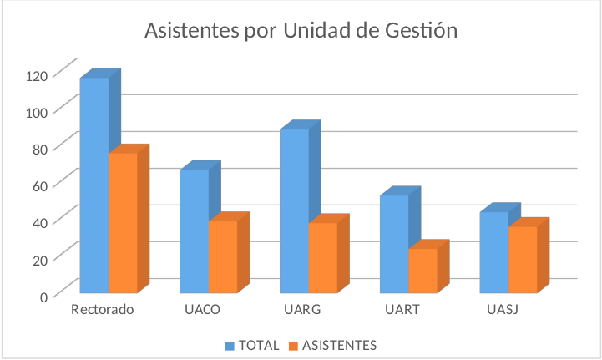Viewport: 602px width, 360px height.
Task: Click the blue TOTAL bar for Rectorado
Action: pos(94,184)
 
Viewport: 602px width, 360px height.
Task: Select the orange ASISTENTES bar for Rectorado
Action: pos(123,222)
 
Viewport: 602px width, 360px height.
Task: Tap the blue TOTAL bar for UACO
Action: pos(194,231)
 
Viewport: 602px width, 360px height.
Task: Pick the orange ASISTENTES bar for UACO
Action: pos(222,256)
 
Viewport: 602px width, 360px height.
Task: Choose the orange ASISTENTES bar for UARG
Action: pos(322,257)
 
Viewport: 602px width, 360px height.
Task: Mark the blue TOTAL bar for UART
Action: pos(394,243)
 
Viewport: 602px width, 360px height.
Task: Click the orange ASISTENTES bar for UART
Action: pos(422,271)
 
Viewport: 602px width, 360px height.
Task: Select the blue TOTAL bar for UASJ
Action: pos(493,251)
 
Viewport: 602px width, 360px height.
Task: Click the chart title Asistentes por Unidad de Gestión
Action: pos(301,30)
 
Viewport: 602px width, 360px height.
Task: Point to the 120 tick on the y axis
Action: pos(38,75)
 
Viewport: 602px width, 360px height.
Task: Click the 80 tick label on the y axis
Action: pos(40,149)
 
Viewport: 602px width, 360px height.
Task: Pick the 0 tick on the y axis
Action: pos(43,296)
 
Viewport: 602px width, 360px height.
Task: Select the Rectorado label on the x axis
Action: pos(103,311)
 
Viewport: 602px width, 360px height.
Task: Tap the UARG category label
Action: pos(302,311)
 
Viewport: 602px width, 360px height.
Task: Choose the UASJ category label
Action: pos(502,311)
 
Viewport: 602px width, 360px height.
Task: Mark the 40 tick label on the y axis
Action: pos(40,222)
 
